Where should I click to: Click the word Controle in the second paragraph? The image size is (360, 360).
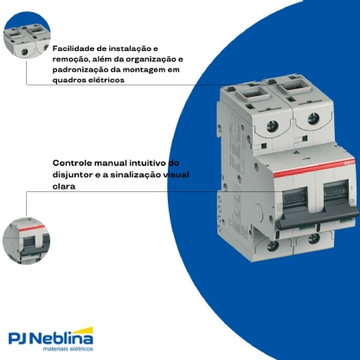tap(72, 163)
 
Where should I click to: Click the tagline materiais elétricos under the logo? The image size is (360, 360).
tap(68, 349)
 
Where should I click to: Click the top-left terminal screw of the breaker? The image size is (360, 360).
tap(272, 125)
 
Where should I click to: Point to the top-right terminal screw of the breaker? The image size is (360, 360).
tap(313, 119)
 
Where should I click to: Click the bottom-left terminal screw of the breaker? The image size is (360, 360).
tap(273, 246)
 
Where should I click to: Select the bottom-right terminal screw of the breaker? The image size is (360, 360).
tap(313, 239)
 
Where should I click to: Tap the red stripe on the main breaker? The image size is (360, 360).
tap(314, 168)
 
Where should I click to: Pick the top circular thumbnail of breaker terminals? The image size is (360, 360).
tap(27, 35)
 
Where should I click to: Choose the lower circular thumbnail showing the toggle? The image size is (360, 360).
tap(27, 241)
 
